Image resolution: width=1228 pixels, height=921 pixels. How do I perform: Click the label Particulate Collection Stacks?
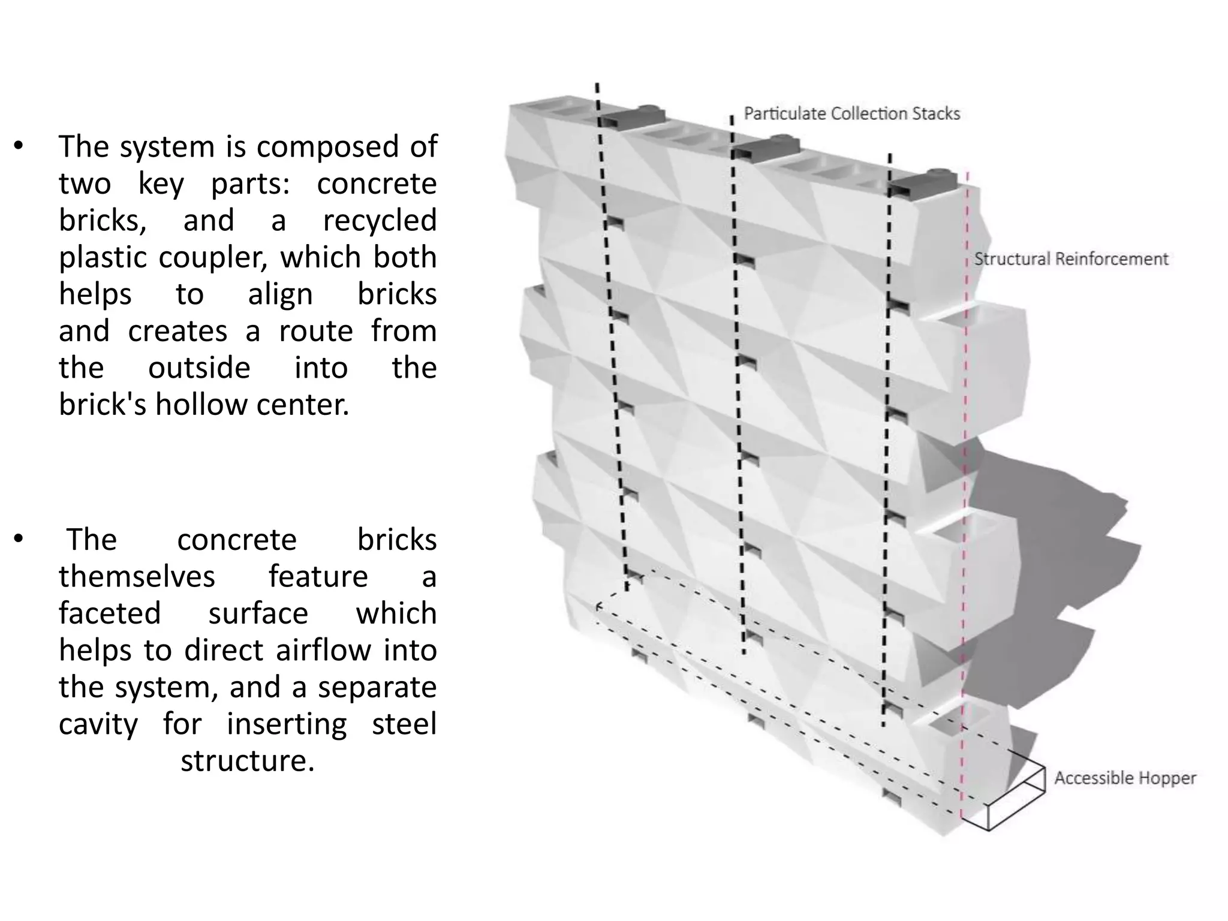pos(851,114)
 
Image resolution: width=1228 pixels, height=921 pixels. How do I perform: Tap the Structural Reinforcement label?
pos(1071,259)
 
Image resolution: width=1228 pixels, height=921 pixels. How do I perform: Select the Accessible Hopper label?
pos(1125,778)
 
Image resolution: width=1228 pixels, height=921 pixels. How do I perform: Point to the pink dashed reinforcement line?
pos(965,480)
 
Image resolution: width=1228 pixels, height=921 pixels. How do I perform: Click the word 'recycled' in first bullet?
pos(380,221)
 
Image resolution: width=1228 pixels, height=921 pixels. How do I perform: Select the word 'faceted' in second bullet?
pos(110,613)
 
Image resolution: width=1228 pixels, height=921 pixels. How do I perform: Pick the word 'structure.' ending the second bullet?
pos(248,761)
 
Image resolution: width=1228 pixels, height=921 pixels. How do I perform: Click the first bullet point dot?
pos(19,146)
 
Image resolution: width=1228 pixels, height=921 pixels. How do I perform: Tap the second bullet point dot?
pos(19,539)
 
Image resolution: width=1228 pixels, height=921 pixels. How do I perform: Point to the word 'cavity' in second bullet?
pos(98,724)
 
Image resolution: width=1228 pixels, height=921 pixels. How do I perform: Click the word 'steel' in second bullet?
pos(404,724)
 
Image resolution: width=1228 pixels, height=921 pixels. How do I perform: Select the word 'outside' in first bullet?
pos(199,368)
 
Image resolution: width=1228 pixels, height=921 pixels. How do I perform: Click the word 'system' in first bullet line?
pos(167,147)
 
